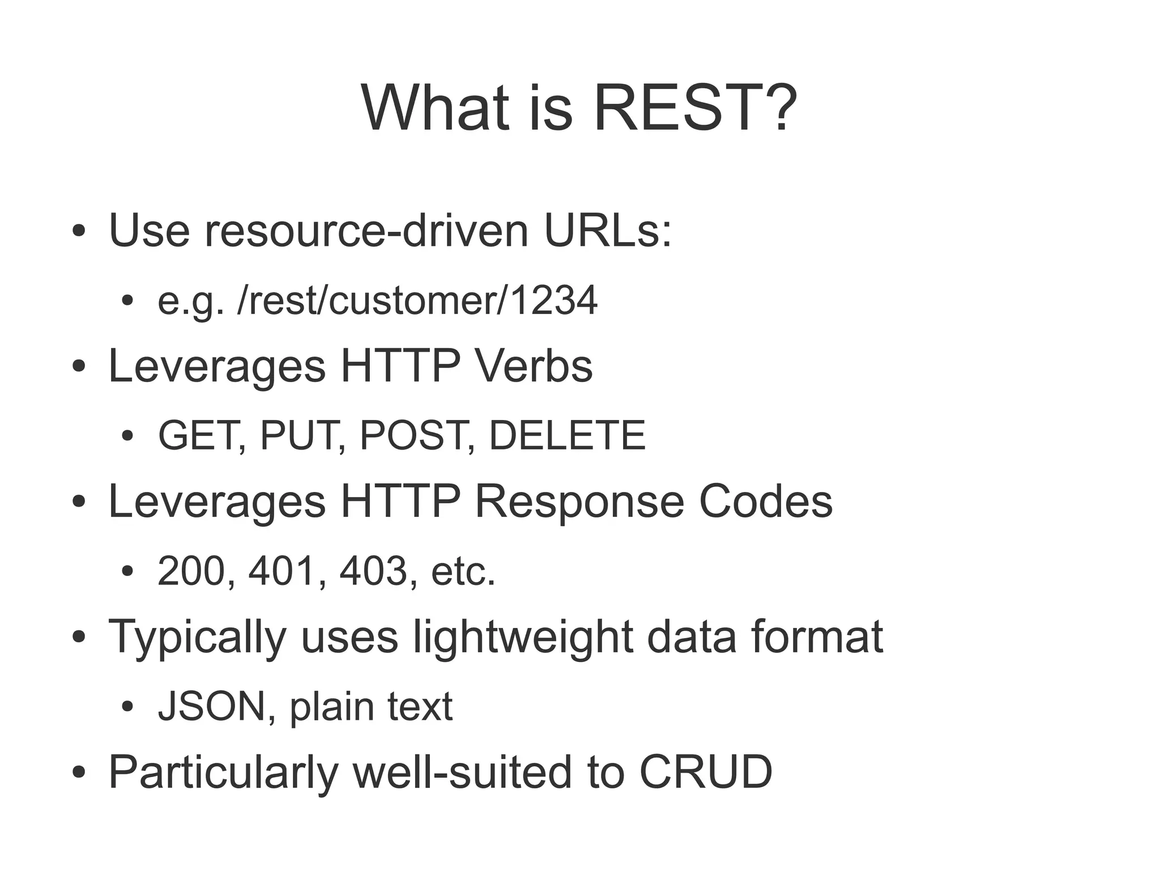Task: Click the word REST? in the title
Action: (694, 108)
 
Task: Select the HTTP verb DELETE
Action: (566, 435)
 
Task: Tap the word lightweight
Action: (522, 637)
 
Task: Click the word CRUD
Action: (706, 772)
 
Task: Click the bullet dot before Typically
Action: (79, 637)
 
